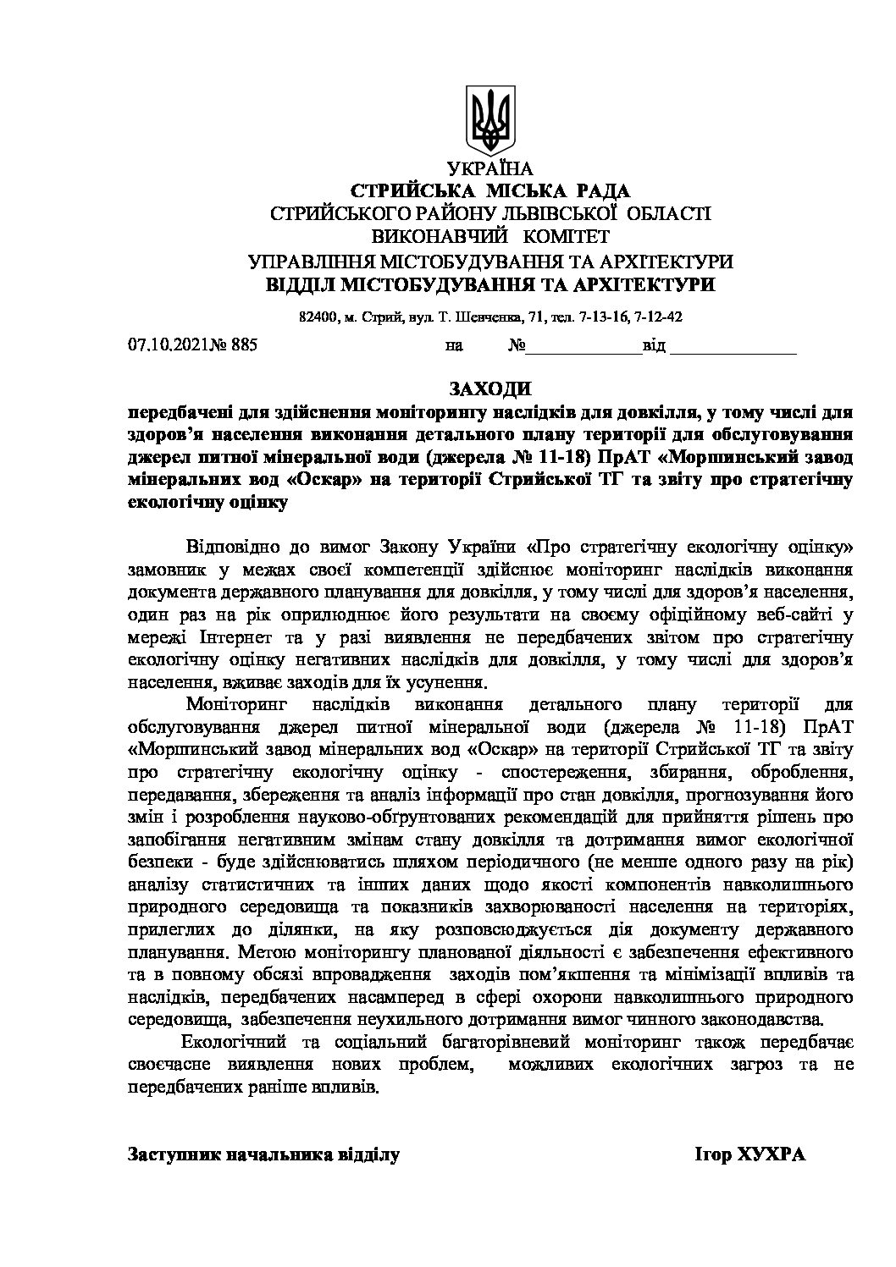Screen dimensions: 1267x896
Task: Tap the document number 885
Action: [243, 344]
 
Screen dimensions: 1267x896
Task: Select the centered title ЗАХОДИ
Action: [490, 389]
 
